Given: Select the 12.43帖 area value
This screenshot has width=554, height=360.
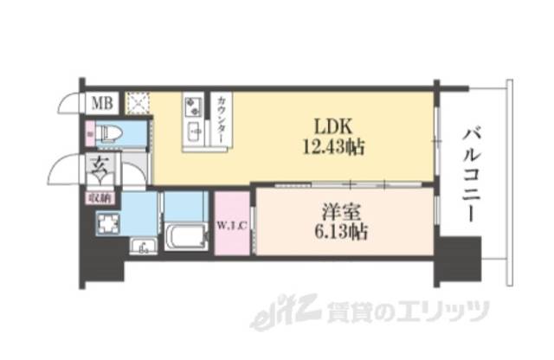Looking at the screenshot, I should (x=332, y=147).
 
